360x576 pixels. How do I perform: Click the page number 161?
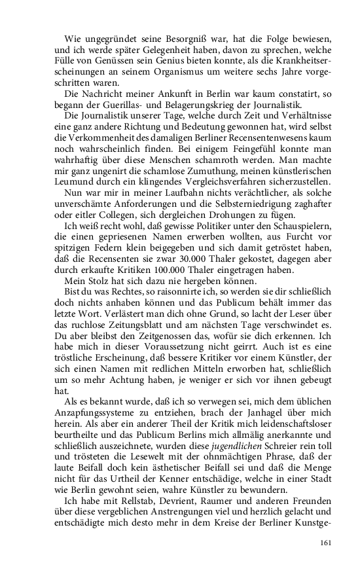[x=326, y=542]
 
